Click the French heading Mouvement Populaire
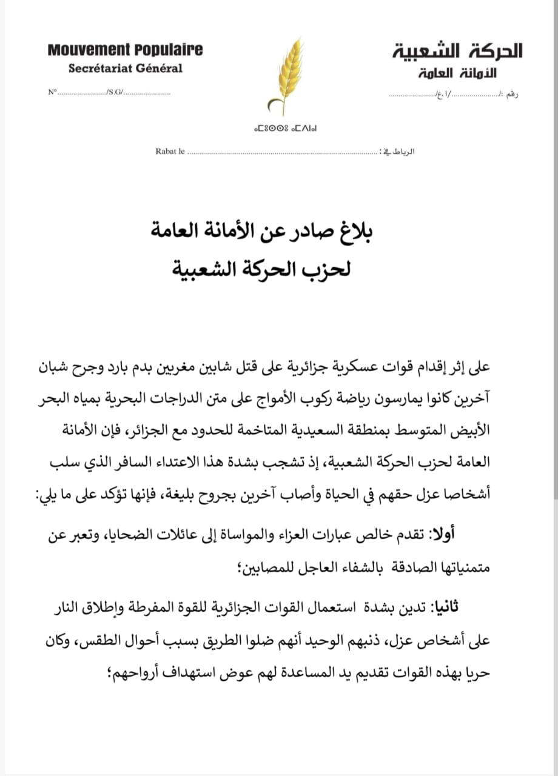(x=125, y=50)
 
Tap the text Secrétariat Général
(x=125, y=68)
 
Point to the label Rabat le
(x=170, y=151)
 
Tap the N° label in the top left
(x=52, y=92)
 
